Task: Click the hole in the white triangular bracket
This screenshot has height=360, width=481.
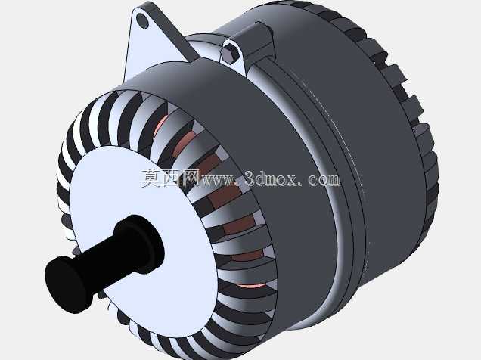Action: coord(142,20)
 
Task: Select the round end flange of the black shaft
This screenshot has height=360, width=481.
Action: coord(69,284)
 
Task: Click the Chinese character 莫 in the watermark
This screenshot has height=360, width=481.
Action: coord(151,178)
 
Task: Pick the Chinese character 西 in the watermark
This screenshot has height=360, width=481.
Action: coord(170,178)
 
